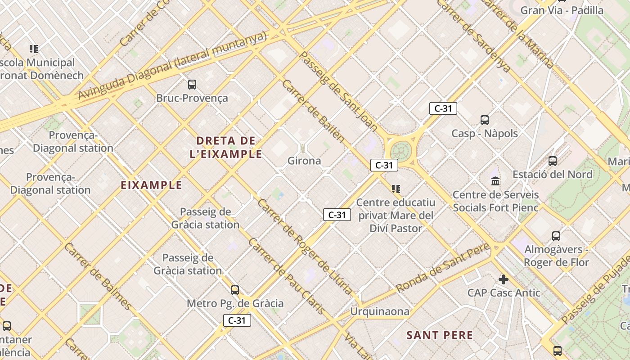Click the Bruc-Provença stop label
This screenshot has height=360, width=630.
coord(192,98)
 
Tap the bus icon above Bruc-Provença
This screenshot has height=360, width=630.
coord(192,84)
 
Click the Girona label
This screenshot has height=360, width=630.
coord(304,161)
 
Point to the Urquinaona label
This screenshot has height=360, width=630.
coord(380,311)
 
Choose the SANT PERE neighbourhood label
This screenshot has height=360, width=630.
coord(440,335)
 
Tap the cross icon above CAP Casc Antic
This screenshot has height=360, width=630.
coord(503,279)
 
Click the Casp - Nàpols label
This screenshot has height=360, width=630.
coord(485,134)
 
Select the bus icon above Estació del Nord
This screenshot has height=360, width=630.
coord(553,161)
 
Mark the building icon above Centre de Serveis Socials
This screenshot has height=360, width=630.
coord(495,181)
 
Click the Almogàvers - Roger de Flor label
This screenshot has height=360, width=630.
coord(557,256)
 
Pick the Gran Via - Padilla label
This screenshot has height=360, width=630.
coord(562,10)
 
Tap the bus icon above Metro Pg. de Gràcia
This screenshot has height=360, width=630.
coord(235,290)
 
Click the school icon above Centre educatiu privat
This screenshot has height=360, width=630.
coord(396,189)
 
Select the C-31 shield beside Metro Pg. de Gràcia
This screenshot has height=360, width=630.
coord(237,320)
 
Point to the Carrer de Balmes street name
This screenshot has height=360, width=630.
coord(99,276)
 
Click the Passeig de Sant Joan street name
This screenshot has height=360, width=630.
coord(338,91)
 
